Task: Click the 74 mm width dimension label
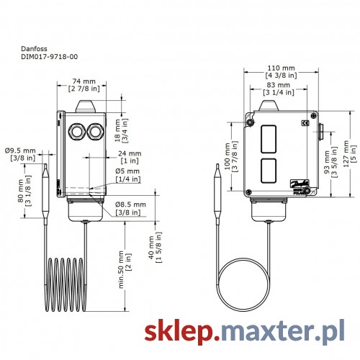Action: tap(84, 81)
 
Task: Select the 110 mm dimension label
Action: tap(281, 68)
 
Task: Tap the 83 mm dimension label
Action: tap(279, 85)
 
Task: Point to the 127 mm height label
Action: tap(346, 154)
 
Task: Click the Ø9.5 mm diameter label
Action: tap(20, 150)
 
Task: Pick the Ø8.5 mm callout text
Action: tap(130, 204)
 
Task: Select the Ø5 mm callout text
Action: tap(127, 171)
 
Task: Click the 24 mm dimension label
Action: tap(130, 153)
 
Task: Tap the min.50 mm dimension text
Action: tap(121, 269)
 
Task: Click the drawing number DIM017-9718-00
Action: tap(50, 57)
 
